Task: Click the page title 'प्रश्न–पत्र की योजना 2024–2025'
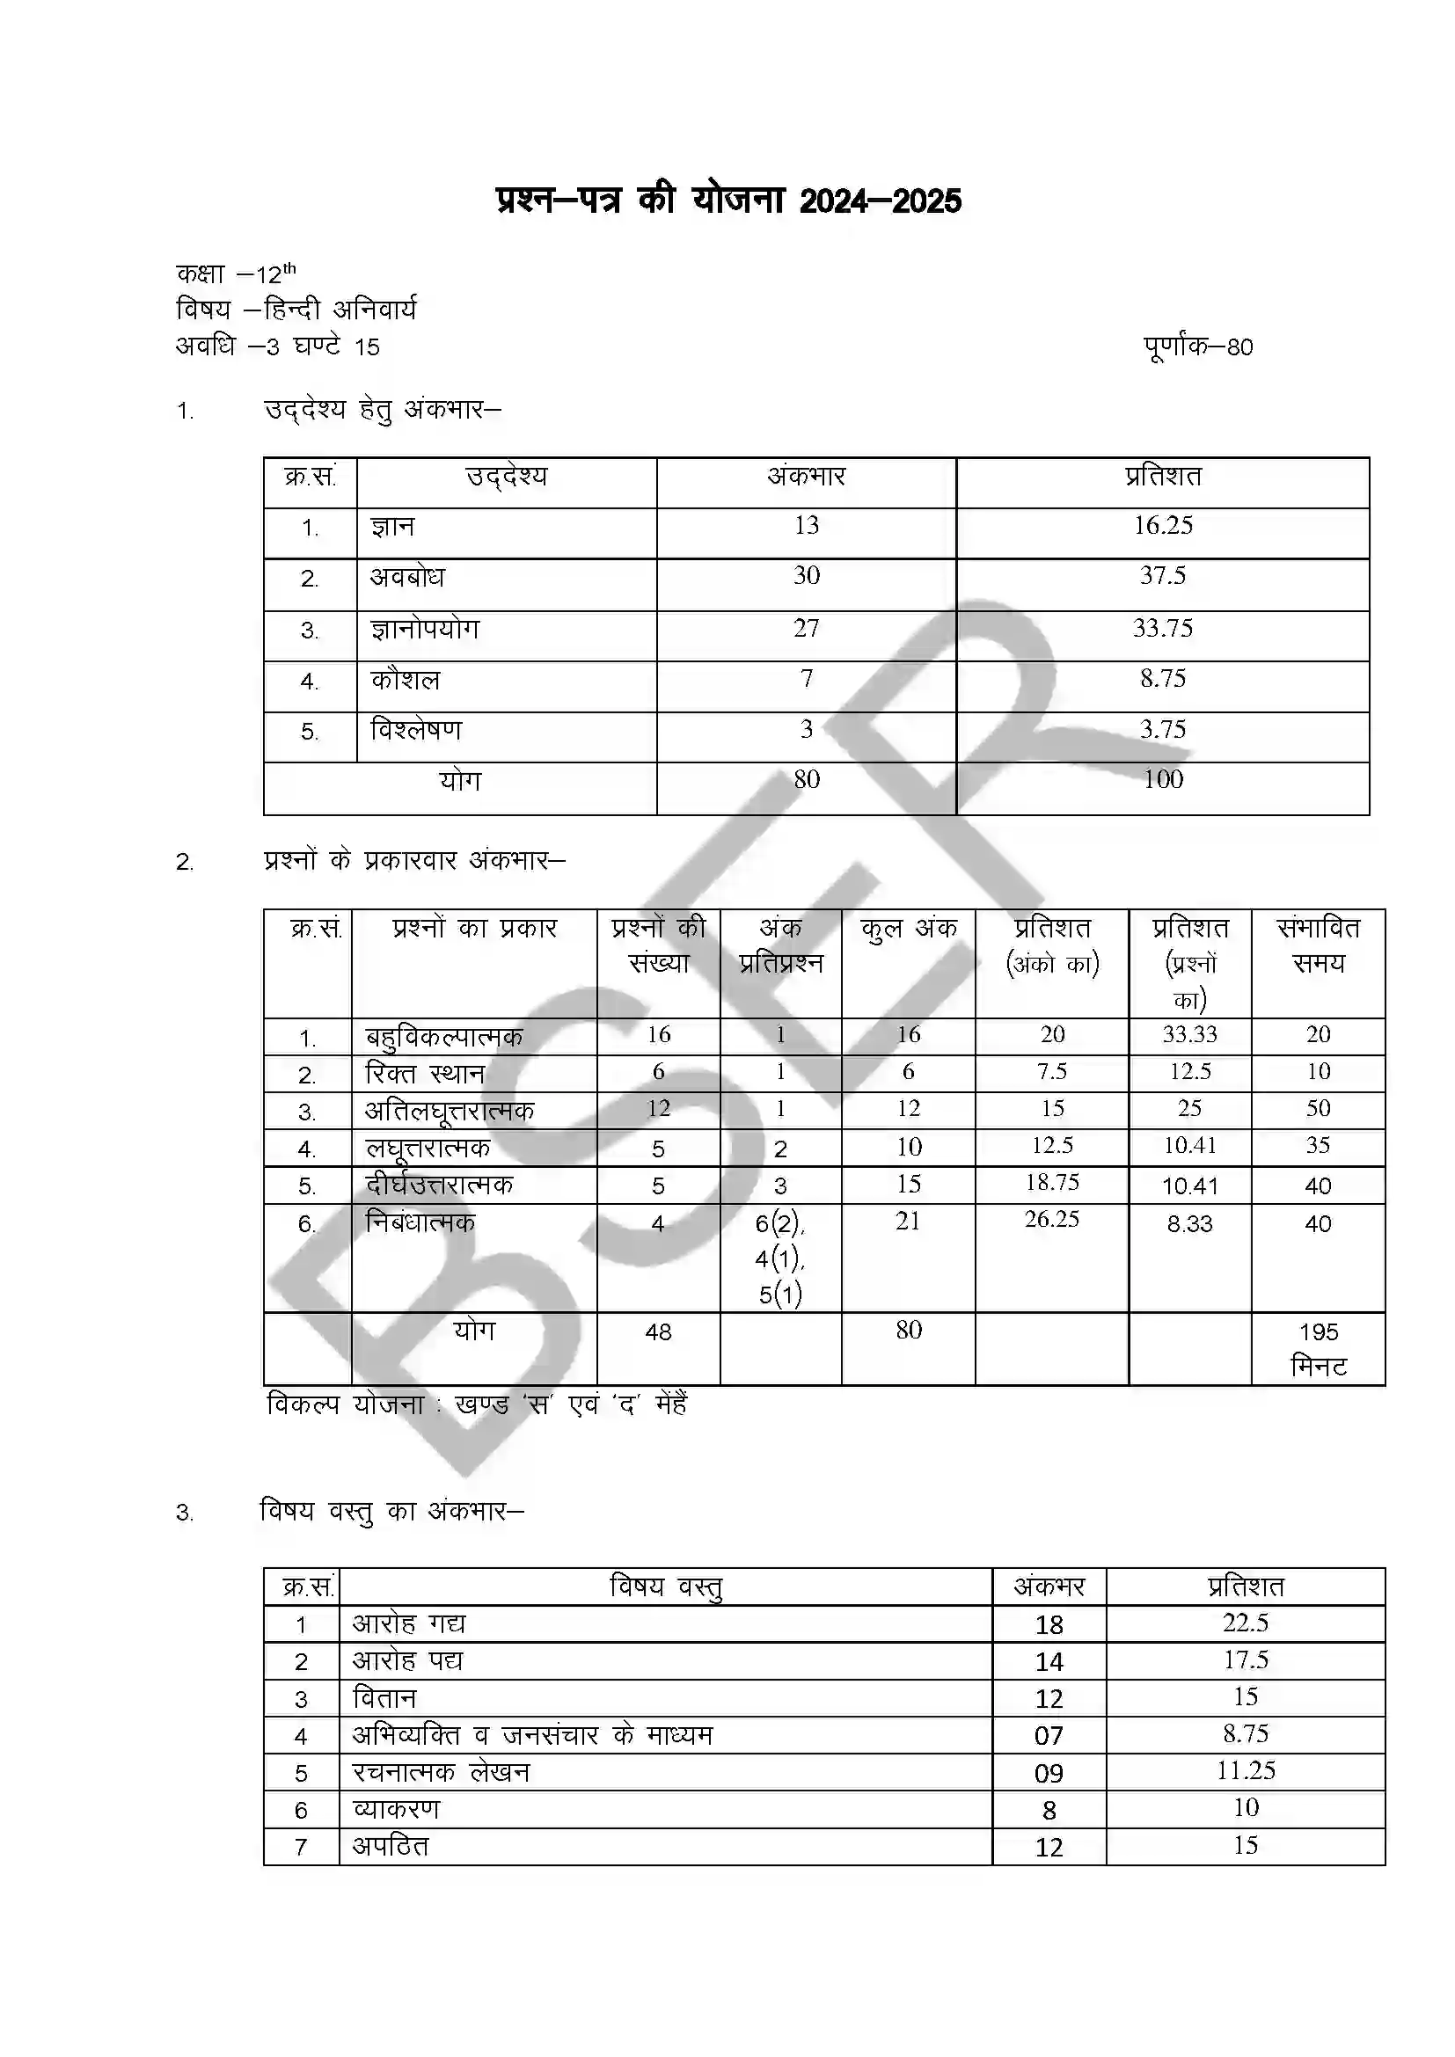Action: coord(728,201)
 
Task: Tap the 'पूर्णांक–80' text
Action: coord(1198,346)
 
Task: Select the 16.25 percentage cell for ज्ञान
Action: coord(1163,526)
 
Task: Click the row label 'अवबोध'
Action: coord(407,578)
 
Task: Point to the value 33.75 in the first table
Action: coord(1163,629)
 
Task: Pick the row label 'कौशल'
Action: coord(406,681)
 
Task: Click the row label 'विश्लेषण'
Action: coord(417,731)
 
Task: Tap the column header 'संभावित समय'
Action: coord(1318,946)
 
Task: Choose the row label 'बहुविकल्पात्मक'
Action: coord(443,1038)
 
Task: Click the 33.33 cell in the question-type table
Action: coord(1190,1035)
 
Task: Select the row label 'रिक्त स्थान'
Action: coord(425,1073)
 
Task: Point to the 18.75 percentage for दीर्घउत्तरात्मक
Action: coord(1053,1183)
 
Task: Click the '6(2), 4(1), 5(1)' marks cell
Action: coord(779,1258)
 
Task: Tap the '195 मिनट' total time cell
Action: coord(1318,1349)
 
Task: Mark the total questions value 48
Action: coord(659,1332)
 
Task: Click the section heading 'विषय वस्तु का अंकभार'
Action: coord(391,1513)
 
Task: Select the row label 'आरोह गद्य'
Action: coord(408,1624)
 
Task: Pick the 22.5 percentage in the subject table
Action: coord(1246,1623)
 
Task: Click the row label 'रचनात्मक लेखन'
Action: coord(441,1773)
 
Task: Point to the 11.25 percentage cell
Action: coord(1246,1771)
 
